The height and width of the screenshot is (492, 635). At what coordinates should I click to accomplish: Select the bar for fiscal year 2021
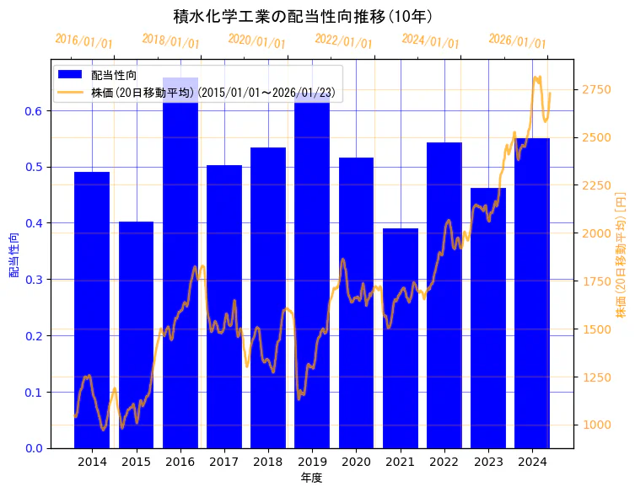401,338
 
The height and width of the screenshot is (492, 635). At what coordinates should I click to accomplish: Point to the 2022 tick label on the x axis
444,462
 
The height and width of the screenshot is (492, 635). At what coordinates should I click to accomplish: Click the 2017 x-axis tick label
224,462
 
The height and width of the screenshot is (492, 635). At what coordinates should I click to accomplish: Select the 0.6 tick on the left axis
35,111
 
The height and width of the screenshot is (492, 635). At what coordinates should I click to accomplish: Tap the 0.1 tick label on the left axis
35,393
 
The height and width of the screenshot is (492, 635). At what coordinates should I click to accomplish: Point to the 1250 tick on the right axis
596,377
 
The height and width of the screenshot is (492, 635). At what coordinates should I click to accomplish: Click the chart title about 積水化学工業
303,16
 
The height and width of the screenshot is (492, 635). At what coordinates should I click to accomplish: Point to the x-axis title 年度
311,478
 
